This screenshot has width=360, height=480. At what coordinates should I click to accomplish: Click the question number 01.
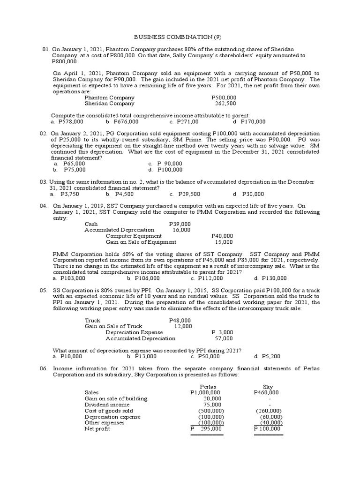[x=45, y=49]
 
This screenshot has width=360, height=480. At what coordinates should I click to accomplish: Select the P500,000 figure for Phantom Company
[x=224, y=97]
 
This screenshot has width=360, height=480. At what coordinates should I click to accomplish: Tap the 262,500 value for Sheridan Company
[x=225, y=104]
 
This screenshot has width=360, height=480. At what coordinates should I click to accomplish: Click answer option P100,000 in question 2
[x=170, y=170]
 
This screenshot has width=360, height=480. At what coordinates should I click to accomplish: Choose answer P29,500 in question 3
[x=189, y=194]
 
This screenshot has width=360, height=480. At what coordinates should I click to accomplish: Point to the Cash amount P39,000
[x=180, y=224]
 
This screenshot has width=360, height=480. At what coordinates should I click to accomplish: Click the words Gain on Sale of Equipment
[x=141, y=242]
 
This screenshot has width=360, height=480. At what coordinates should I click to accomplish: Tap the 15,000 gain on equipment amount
[x=224, y=242]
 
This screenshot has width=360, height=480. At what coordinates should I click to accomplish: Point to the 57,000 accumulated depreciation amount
[x=224, y=338]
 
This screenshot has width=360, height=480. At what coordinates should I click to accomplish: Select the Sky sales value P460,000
[x=266, y=392]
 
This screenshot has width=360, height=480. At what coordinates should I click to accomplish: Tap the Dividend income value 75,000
[x=211, y=405]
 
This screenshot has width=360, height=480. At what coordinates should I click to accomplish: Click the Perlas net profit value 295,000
[x=210, y=428]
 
